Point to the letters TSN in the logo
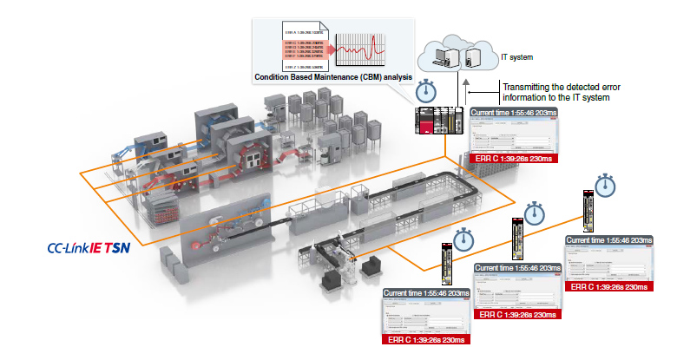(x=120, y=247)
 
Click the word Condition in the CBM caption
(x=276, y=77)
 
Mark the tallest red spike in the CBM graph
(x=373, y=45)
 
